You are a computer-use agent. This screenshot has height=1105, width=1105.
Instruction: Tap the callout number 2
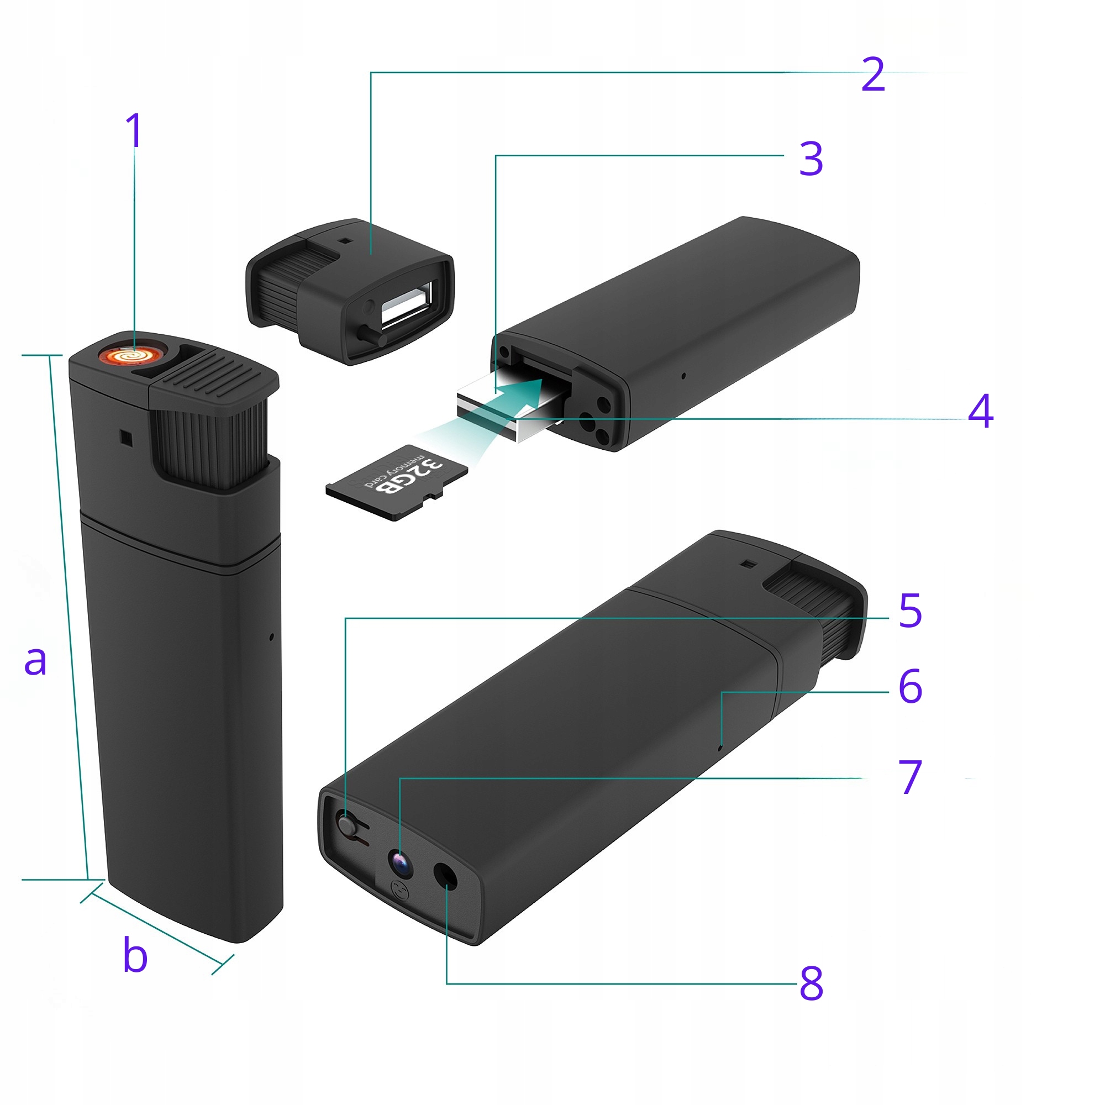(x=873, y=75)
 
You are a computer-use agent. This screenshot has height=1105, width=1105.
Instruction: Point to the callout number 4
(x=981, y=411)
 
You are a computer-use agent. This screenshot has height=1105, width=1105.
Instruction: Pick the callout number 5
(x=911, y=611)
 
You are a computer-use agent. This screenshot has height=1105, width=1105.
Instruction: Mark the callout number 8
(x=812, y=983)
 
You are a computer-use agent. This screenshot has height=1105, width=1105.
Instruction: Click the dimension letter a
(x=35, y=661)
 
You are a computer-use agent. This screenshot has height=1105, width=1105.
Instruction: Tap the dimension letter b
(x=135, y=954)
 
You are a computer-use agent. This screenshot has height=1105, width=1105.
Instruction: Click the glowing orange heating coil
(x=129, y=356)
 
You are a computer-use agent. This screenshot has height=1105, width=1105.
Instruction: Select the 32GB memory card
(x=397, y=482)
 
